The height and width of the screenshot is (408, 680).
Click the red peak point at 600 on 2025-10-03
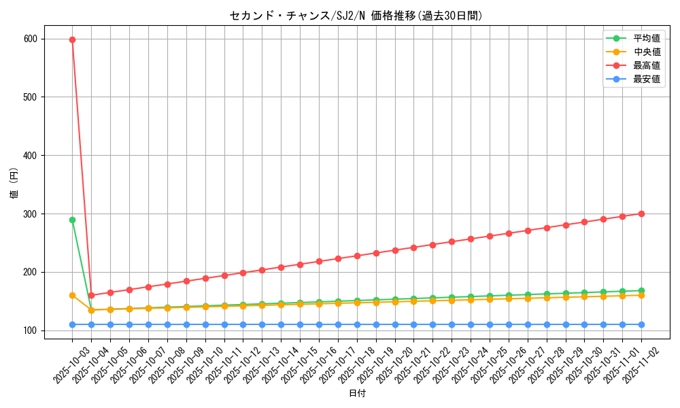pyautogui.click(x=72, y=39)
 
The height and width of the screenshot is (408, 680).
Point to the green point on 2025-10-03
pyautogui.click(x=72, y=220)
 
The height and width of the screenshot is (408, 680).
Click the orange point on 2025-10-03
pyautogui.click(x=72, y=295)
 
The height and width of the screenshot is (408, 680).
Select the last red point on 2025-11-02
pyautogui.click(x=641, y=214)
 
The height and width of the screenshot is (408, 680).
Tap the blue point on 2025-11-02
pyautogui.click(x=641, y=324)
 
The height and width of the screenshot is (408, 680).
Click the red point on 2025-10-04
pyautogui.click(x=91, y=295)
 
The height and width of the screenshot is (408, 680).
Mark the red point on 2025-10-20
pyautogui.click(x=395, y=250)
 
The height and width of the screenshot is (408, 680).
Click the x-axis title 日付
pyautogui.click(x=357, y=394)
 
